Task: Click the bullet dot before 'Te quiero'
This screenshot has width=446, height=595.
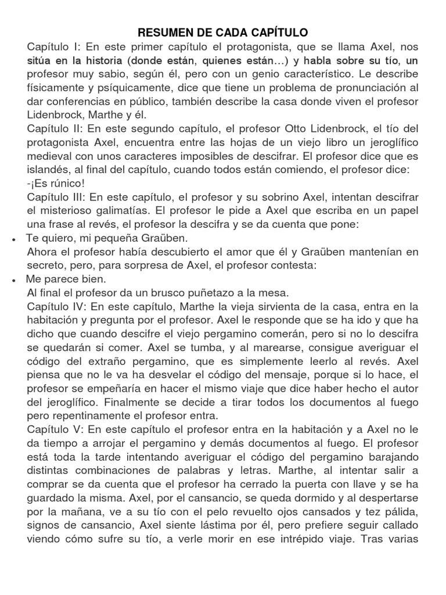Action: click(12, 239)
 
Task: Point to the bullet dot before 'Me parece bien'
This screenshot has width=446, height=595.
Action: click(12, 279)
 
